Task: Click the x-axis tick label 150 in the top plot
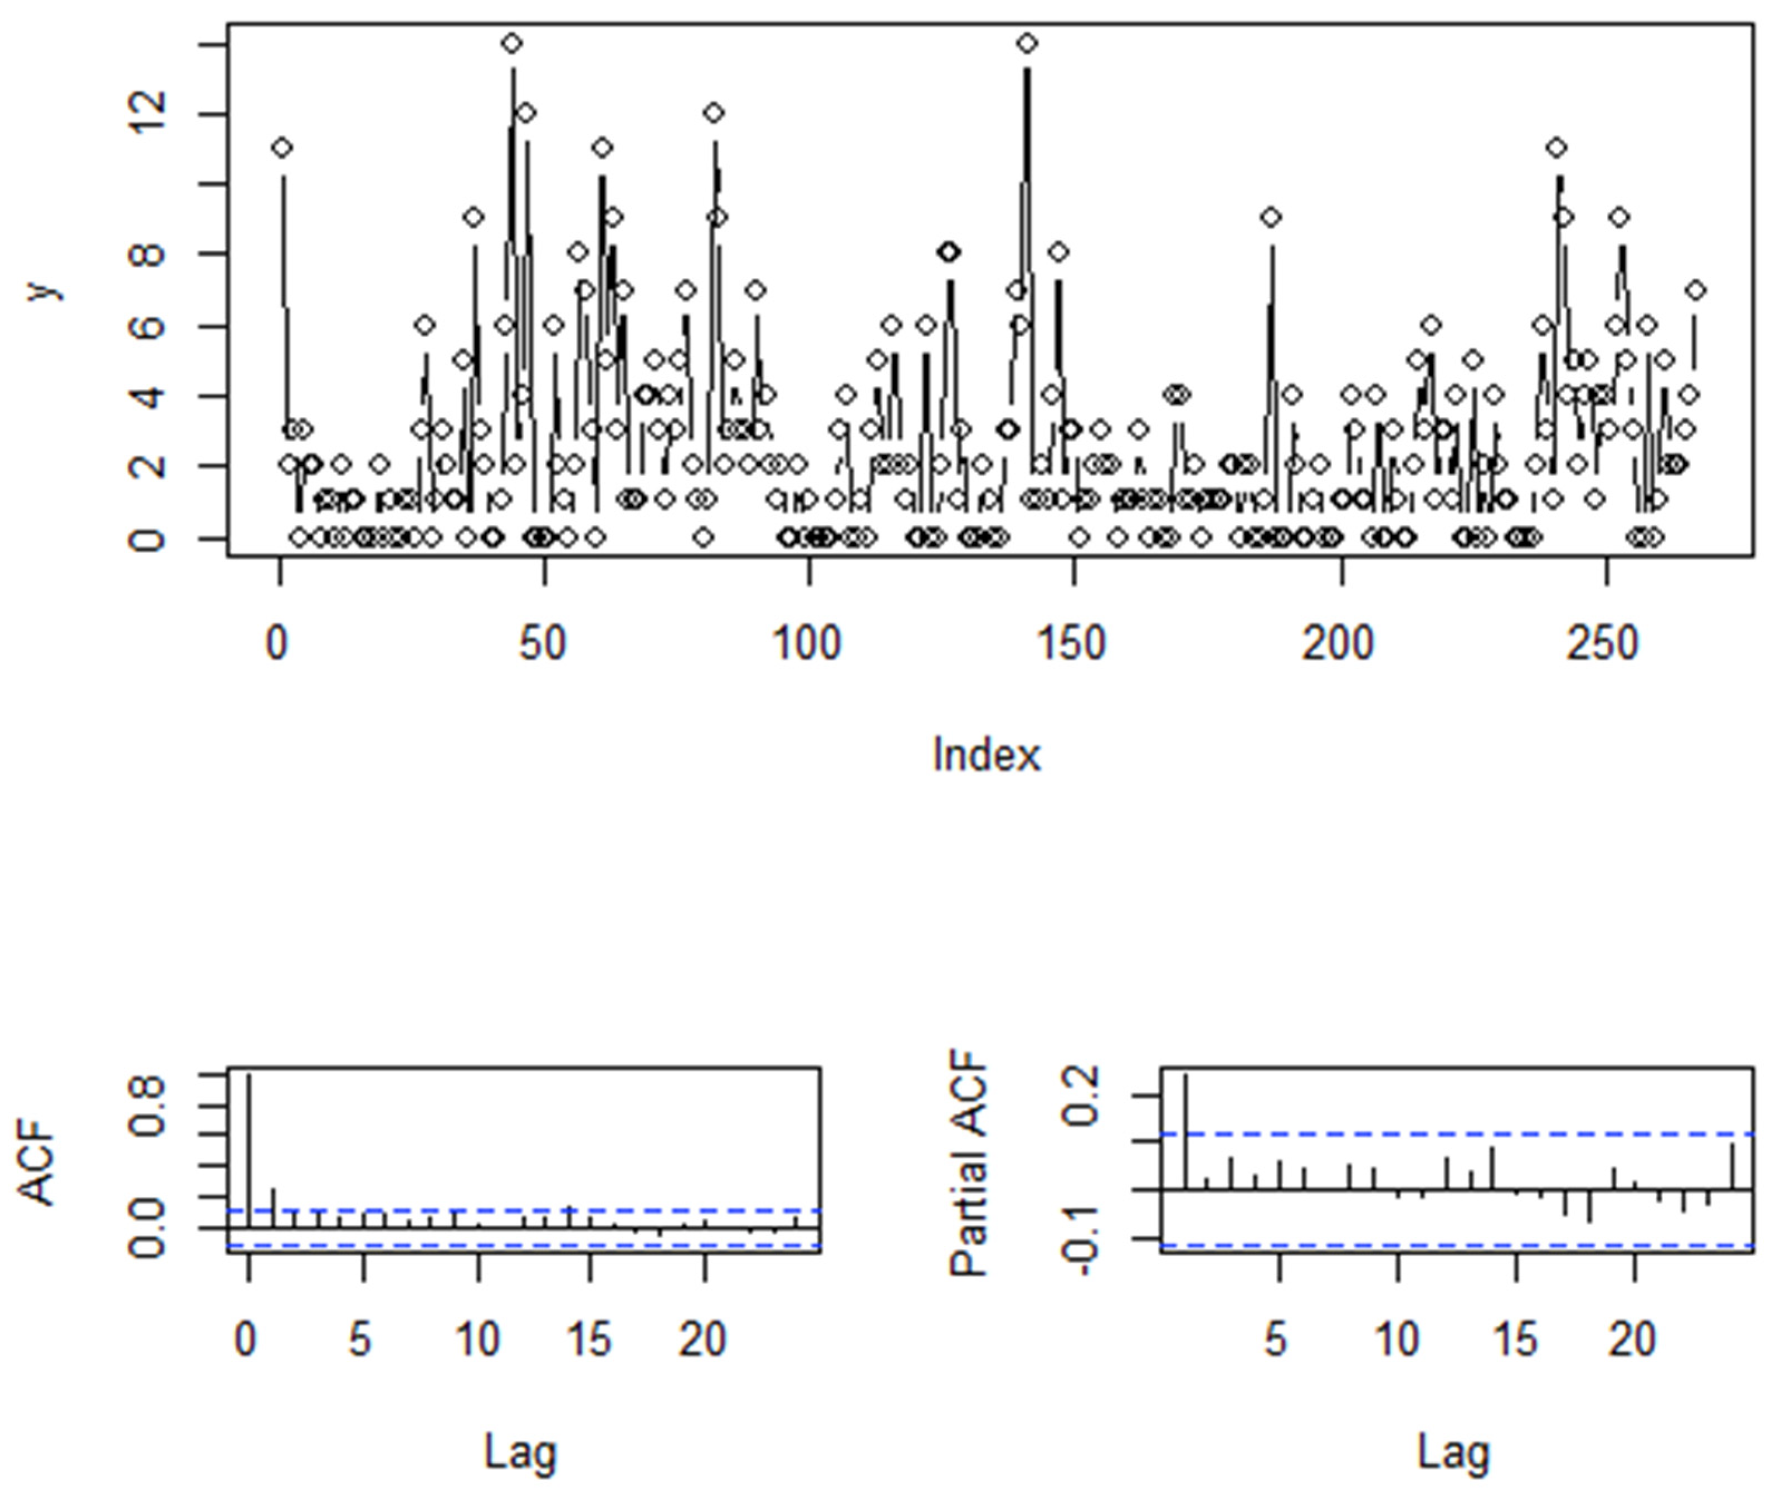[1071, 644]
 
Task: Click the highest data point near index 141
[1027, 43]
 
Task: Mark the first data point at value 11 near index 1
[282, 148]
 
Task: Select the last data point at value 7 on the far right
[1695, 291]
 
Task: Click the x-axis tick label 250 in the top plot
[1602, 644]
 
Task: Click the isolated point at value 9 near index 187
[1270, 217]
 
